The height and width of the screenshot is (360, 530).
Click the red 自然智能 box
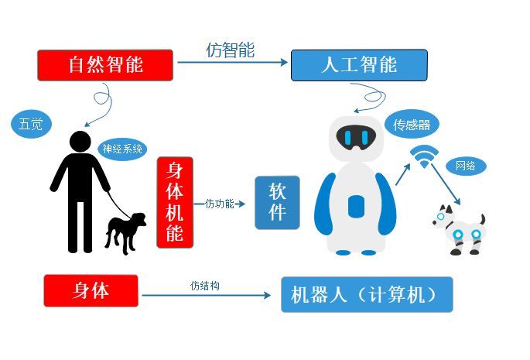point(105,65)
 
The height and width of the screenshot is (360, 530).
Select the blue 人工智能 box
point(359,65)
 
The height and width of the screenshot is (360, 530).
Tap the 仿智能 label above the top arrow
point(231,50)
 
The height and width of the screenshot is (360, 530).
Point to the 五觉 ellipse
point(31,124)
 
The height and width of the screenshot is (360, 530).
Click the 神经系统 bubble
point(122,149)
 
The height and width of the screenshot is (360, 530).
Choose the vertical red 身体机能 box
point(175,202)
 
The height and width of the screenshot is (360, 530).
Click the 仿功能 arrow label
point(220,204)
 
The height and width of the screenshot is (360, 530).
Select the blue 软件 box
point(277,203)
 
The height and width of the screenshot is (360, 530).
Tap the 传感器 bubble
point(412,124)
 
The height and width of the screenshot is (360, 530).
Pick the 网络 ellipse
point(466,166)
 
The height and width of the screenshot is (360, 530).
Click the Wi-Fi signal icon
point(424,156)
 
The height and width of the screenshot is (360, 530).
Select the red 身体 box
point(91,290)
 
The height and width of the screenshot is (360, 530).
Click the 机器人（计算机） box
point(367,294)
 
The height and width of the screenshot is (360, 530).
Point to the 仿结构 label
point(205,286)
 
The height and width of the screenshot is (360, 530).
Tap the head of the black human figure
point(80,142)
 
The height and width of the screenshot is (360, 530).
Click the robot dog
point(459,230)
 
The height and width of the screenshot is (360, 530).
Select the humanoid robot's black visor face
point(356,137)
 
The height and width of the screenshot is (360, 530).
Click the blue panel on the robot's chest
point(356,207)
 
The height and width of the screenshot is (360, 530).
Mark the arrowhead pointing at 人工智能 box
point(285,62)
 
